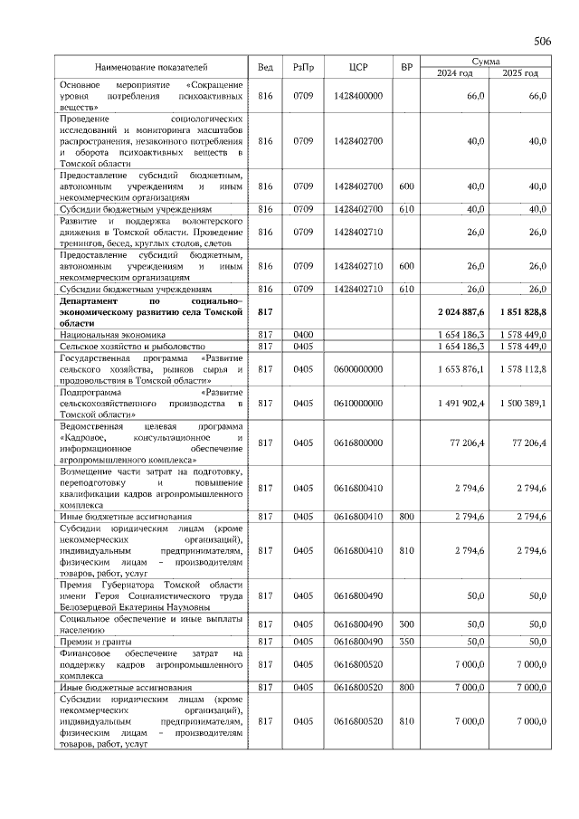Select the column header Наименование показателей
pos(152,68)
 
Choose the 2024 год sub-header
pos(455,73)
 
